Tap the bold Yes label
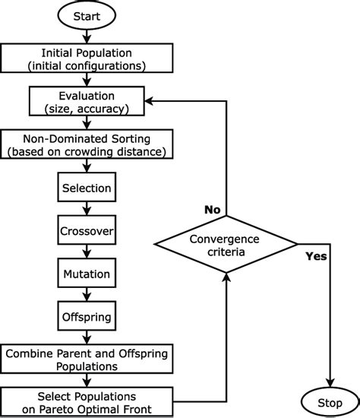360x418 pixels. (x=315, y=256)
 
